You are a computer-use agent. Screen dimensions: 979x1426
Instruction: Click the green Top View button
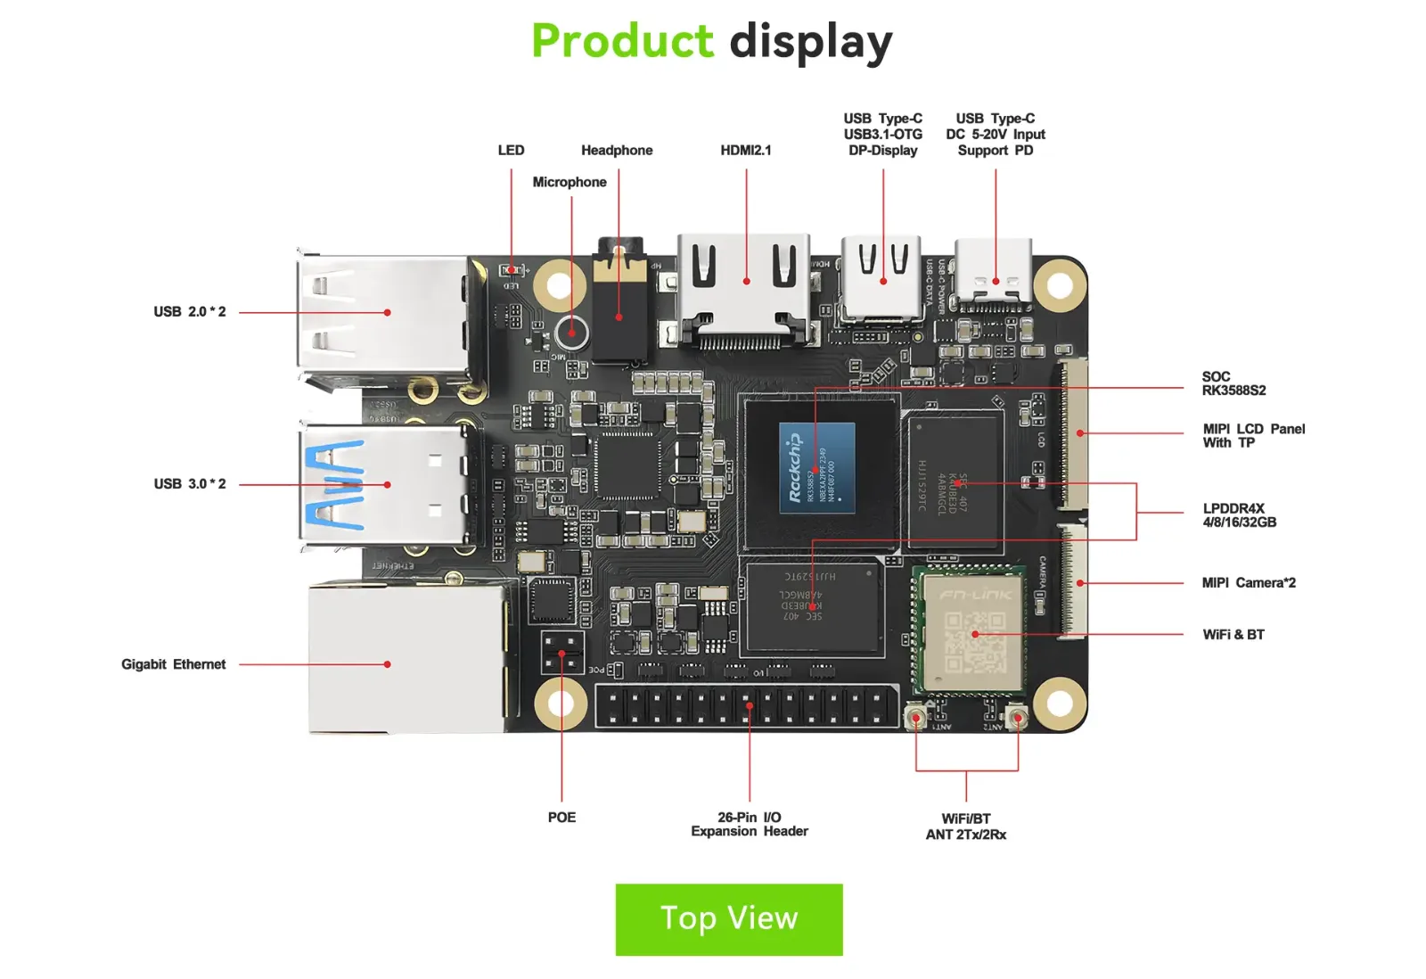click(x=728, y=918)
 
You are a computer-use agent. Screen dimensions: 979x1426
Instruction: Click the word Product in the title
click(x=622, y=41)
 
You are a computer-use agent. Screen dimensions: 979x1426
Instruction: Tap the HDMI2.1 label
click(x=745, y=150)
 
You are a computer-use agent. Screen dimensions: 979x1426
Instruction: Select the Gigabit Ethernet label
click(x=173, y=664)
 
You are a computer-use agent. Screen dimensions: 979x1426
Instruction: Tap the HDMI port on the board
click(x=745, y=287)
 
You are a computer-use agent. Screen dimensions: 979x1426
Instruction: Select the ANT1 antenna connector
click(x=915, y=718)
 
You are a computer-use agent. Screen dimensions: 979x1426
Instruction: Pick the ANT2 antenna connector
click(x=1017, y=718)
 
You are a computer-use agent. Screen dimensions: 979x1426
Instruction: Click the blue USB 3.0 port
click(x=383, y=484)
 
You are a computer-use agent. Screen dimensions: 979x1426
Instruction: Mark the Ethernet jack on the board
click(x=406, y=660)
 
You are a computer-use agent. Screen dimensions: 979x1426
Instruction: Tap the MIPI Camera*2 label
click(x=1248, y=583)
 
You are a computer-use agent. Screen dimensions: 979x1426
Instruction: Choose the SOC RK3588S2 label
click(x=1233, y=383)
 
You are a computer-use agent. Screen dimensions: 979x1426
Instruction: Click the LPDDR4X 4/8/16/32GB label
click(x=1239, y=515)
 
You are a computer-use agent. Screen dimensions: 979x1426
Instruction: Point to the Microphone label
click(x=569, y=182)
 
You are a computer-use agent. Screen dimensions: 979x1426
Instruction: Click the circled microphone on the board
click(x=571, y=333)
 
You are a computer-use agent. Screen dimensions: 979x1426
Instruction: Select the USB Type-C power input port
click(x=995, y=275)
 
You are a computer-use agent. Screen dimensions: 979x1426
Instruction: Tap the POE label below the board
click(x=561, y=818)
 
